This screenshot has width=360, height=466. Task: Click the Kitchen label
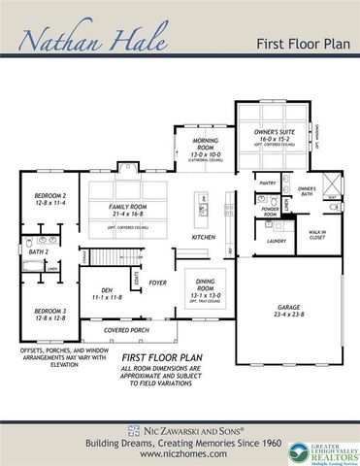(203, 237)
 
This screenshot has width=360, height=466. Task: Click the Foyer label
(157, 283)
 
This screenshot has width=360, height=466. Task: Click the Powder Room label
(270, 211)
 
